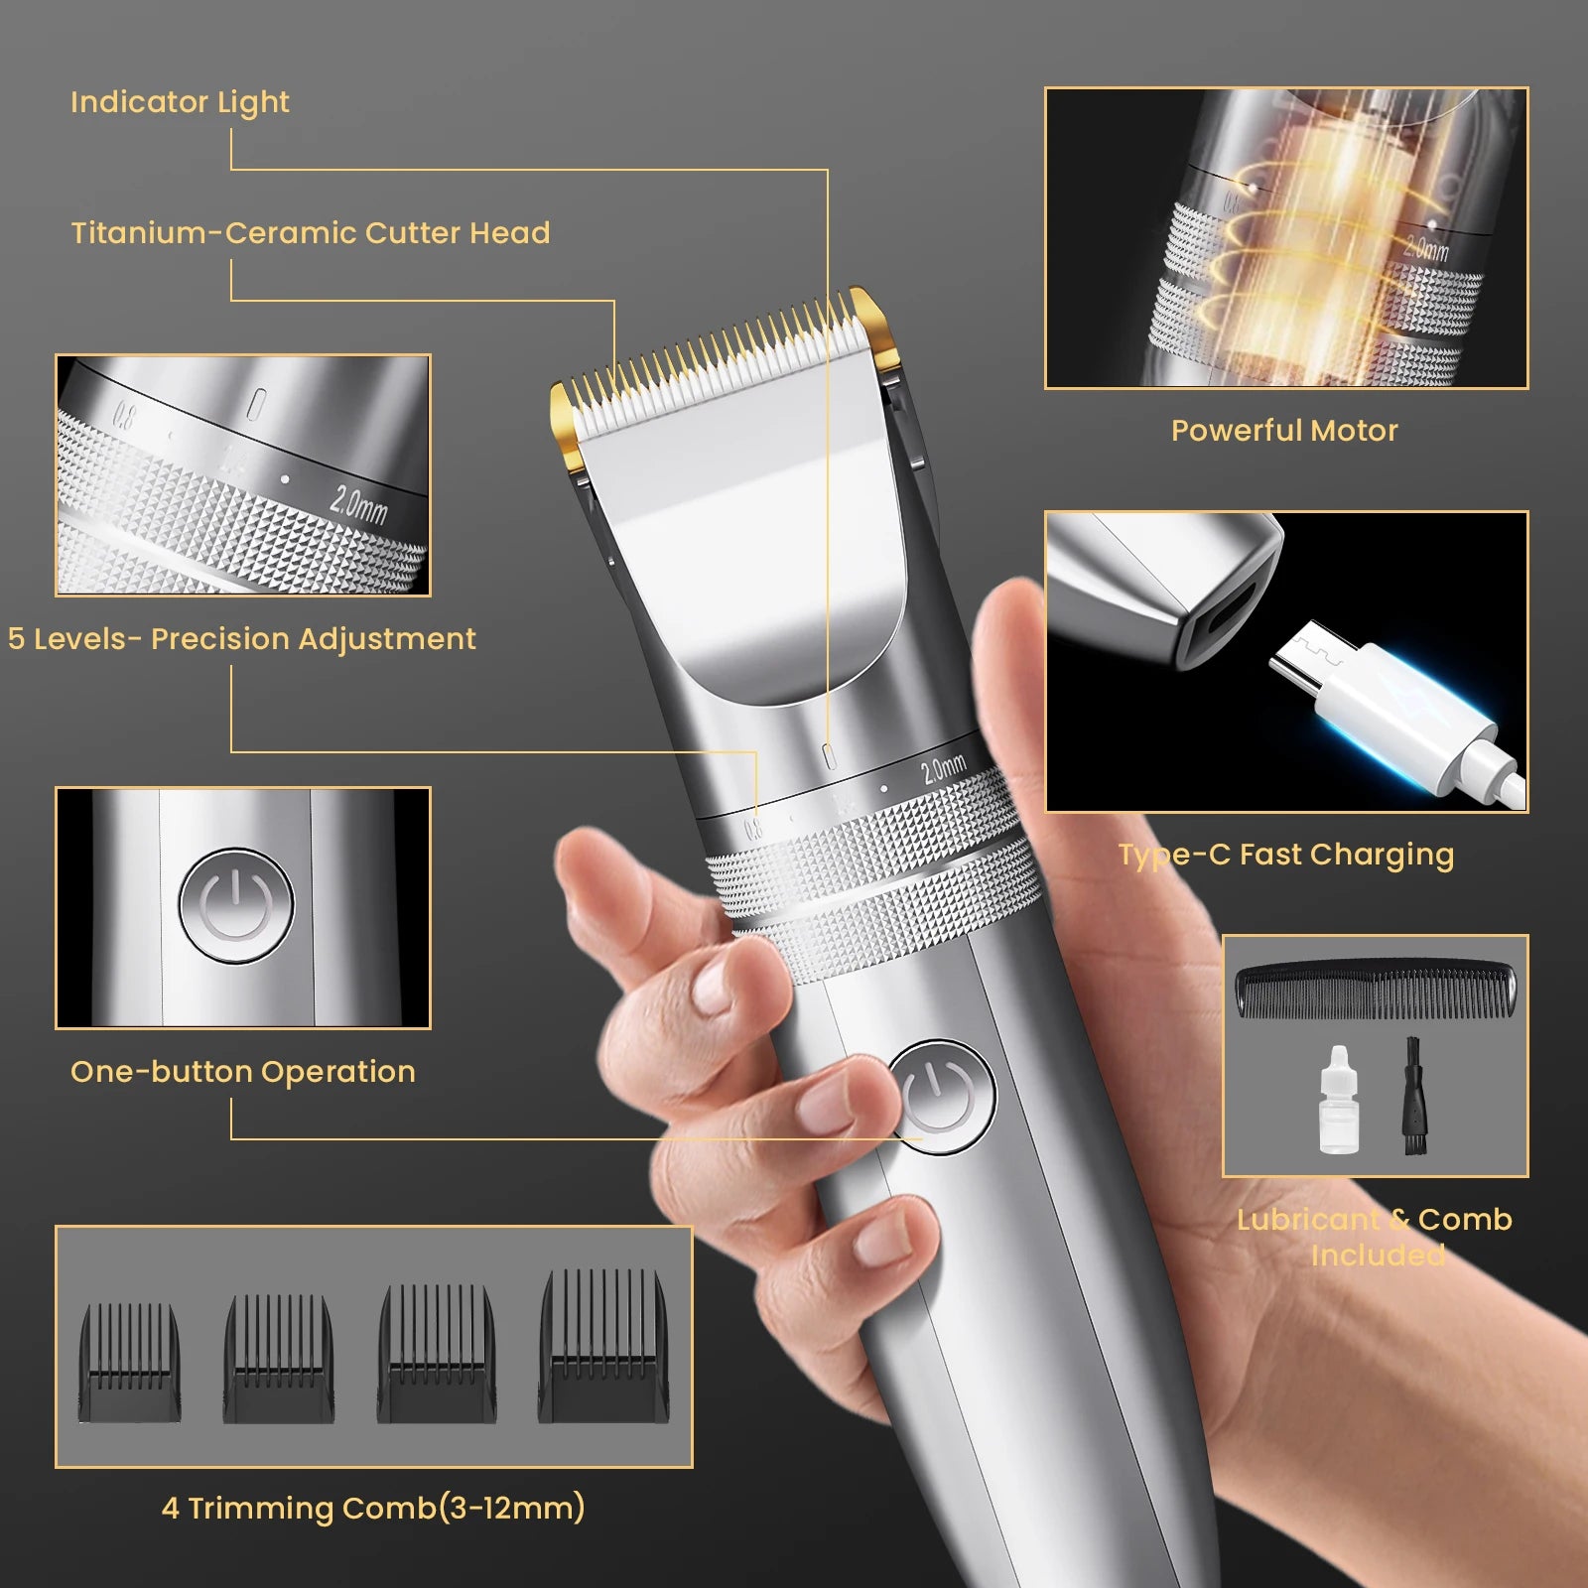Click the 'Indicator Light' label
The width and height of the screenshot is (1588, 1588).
(180, 102)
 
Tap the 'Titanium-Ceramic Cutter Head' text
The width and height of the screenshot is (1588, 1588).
(310, 233)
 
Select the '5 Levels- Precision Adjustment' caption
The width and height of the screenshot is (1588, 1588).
(242, 639)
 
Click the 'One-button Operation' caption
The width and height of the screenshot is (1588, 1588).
(242, 1072)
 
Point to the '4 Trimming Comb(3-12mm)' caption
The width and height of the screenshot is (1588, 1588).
(373, 1509)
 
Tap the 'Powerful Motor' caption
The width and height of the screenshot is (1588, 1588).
(1284, 431)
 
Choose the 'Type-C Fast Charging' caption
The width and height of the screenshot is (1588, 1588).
(1286, 855)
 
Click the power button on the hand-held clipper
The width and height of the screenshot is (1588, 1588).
(940, 1097)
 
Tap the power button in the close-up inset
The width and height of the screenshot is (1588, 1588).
(236, 905)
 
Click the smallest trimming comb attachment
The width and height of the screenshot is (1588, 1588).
(130, 1363)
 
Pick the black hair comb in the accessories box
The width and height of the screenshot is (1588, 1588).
(1376, 989)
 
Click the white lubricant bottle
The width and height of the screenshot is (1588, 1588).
(1338, 1102)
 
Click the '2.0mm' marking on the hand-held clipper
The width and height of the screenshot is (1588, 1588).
(943, 767)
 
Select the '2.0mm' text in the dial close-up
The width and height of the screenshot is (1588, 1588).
(358, 504)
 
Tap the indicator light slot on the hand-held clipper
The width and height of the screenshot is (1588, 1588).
(830, 757)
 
